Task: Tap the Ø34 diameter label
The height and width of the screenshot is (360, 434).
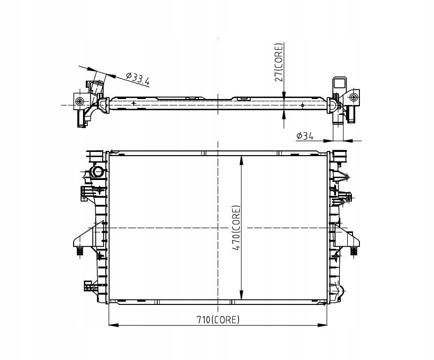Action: (306, 136)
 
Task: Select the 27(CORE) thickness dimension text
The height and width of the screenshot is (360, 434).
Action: (279, 62)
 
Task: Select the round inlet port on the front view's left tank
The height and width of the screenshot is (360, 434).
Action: (98, 172)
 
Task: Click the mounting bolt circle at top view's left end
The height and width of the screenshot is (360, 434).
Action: (79, 102)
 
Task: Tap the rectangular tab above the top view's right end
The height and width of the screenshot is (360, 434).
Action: (338, 84)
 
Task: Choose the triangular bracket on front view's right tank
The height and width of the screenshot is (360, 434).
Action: (349, 238)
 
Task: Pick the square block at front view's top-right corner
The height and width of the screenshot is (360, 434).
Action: (338, 157)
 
